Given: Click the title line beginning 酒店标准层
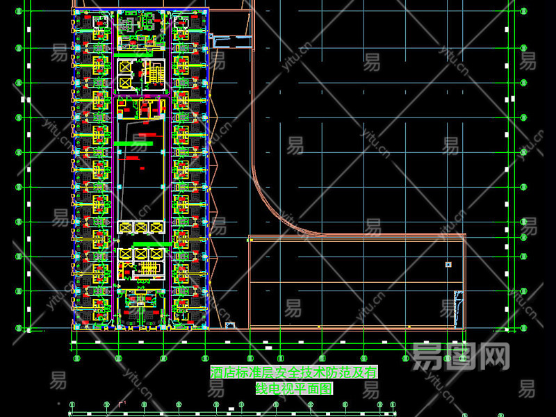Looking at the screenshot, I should [293, 373].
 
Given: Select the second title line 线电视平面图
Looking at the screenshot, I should [295, 389].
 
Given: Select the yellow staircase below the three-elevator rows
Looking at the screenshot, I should [148, 269].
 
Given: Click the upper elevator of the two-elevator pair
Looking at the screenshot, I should [126, 67].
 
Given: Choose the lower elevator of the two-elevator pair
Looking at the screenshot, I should [126, 81].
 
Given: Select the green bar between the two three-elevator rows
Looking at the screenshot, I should [153, 244].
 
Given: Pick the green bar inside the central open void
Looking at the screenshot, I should [133, 143].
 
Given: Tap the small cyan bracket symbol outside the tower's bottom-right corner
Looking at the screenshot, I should [229, 325].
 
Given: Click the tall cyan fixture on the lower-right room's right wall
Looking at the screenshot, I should [457, 308].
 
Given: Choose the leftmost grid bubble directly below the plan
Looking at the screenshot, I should [76, 359].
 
